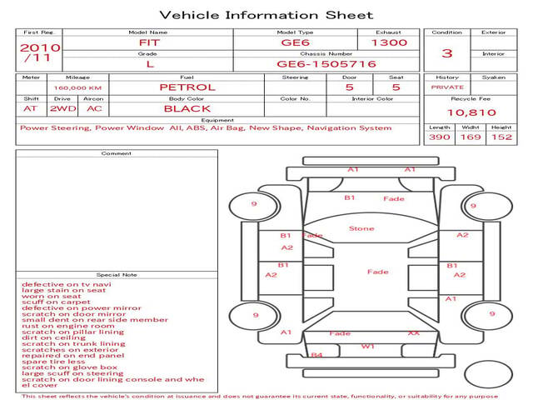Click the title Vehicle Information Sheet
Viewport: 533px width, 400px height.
[x=266, y=15]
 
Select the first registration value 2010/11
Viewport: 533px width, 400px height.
[x=39, y=52]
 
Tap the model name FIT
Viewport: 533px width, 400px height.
[x=148, y=42]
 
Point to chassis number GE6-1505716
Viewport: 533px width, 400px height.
[x=326, y=63]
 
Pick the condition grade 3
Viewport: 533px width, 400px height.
[x=447, y=53]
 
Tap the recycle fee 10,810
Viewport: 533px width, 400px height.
[x=471, y=112]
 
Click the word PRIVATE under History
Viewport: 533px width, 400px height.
[x=447, y=87]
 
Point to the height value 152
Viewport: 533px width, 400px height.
[x=501, y=137]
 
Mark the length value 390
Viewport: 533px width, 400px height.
[x=439, y=137]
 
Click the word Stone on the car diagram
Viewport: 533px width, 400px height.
[x=361, y=228]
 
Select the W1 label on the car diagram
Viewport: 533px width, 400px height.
[x=367, y=345]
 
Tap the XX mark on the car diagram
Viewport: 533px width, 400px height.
[x=413, y=333]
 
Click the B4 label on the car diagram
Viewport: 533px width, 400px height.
[x=316, y=356]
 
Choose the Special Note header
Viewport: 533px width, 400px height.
[x=116, y=274]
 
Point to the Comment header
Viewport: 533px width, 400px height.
[x=116, y=153]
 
